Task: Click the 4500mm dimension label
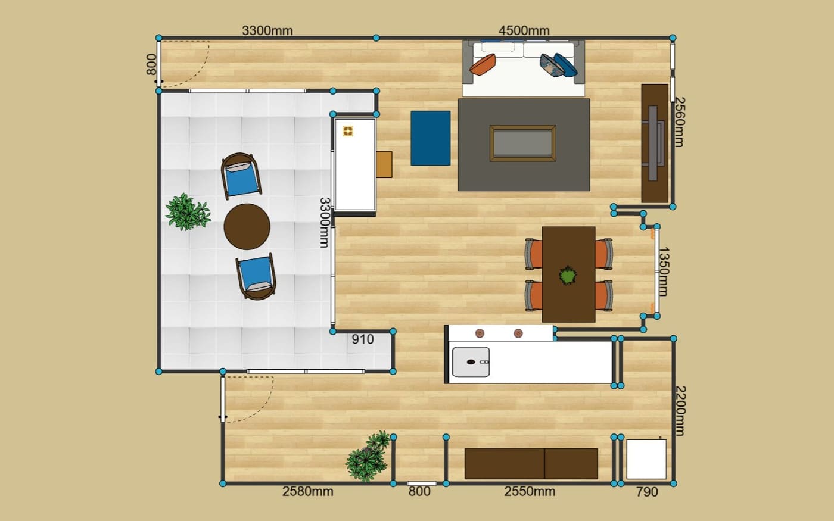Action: pos(524,30)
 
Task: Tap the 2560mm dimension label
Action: pos(680,122)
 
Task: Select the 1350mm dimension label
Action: pos(664,272)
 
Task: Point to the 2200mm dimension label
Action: pos(680,410)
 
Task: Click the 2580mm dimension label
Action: pos(307,492)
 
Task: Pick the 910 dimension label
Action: pos(363,339)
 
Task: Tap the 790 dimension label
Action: pos(647,492)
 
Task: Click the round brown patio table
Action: pos(247,227)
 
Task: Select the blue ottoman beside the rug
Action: pos(430,138)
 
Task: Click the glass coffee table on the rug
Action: pos(523,143)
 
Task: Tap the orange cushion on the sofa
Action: pos(483,64)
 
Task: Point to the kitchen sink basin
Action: pos(471,362)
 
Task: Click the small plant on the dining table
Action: pos(567,276)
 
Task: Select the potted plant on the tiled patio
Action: pos(188,211)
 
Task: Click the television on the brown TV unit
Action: pos(655,143)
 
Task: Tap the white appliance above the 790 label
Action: pos(646,459)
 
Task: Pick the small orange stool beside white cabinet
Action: pos(384,164)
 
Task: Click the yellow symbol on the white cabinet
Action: pos(348,131)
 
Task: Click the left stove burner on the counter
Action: pos(480,333)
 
